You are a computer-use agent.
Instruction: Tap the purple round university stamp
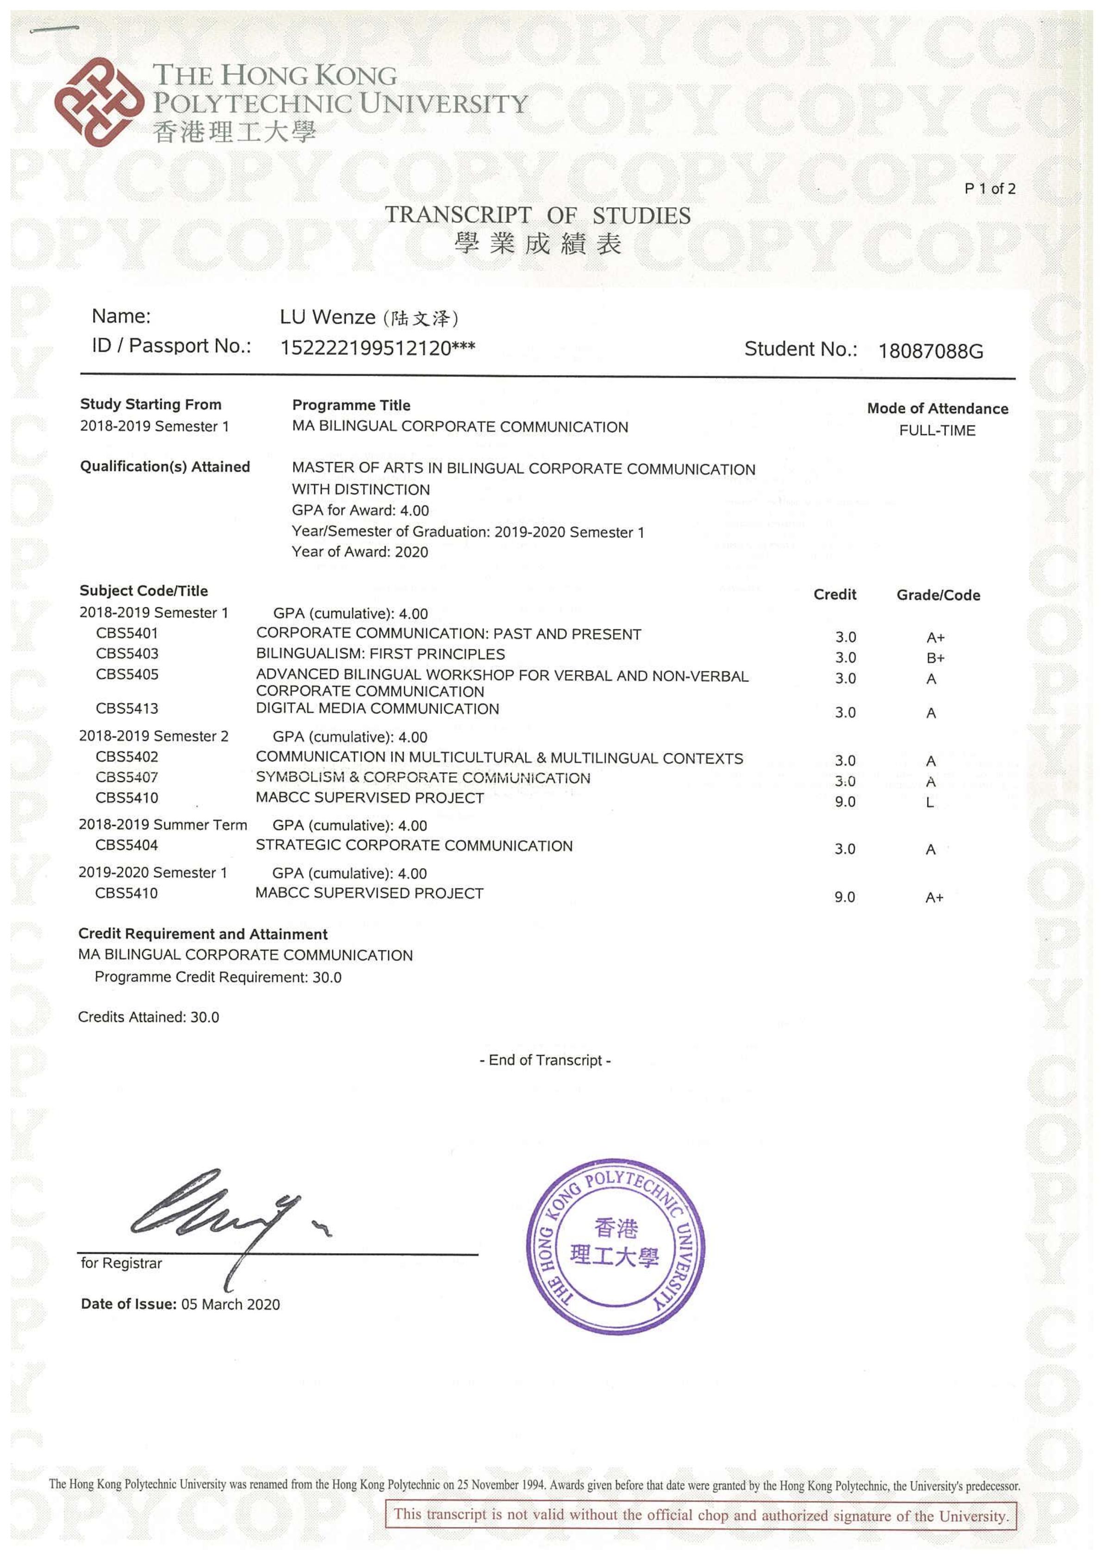[x=615, y=1246]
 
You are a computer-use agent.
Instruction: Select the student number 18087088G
[x=930, y=351]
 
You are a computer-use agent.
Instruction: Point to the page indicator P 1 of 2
[x=989, y=189]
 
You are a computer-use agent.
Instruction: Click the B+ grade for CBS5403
[x=935, y=658]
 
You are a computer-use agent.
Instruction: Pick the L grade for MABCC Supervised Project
[x=930, y=802]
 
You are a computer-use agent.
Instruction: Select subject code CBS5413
[x=127, y=708]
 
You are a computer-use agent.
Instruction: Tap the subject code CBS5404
[x=126, y=845]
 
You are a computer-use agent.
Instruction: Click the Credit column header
[x=834, y=594]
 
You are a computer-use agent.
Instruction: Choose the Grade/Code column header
[x=938, y=595]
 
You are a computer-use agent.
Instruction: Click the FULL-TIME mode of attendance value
[x=937, y=430]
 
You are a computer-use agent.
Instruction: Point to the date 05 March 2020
[x=230, y=1304]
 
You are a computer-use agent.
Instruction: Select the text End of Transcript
[x=545, y=1060]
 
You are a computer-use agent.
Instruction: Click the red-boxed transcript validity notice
[x=701, y=1515]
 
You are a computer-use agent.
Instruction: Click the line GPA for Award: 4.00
[x=360, y=510]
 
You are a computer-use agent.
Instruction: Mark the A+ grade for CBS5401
[x=935, y=637]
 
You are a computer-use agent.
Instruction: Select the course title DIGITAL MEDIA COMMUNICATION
[x=378, y=708]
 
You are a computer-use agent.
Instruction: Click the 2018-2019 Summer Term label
[x=163, y=825]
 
